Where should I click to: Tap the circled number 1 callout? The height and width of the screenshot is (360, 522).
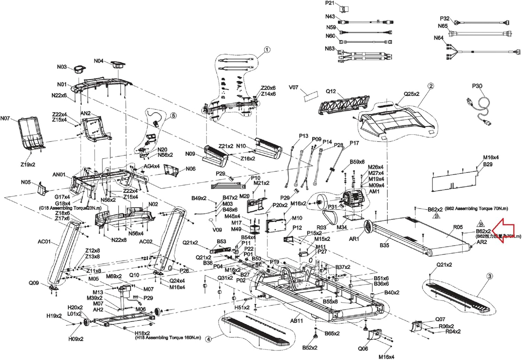pyautogui.click(x=267, y=50)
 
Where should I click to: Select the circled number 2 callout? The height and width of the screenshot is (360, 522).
pyautogui.click(x=431, y=86)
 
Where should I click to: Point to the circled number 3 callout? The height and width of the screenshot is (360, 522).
pyautogui.click(x=490, y=276)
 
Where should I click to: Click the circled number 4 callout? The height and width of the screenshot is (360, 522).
pyautogui.click(x=208, y=339)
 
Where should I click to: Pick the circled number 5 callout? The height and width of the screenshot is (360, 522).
pyautogui.click(x=173, y=115)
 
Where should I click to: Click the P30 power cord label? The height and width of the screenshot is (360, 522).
pyautogui.click(x=477, y=86)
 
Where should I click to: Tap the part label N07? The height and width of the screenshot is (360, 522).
pyautogui.click(x=5, y=118)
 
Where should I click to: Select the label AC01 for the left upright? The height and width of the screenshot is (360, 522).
pyautogui.click(x=44, y=242)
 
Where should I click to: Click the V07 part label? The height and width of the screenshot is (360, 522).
pyautogui.click(x=294, y=87)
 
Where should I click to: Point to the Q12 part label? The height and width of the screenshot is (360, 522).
pyautogui.click(x=331, y=91)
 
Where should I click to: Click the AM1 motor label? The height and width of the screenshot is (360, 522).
pyautogui.click(x=374, y=191)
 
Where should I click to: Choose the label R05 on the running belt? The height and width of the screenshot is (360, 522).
pyautogui.click(x=458, y=227)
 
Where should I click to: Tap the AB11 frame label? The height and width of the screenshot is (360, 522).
pyautogui.click(x=296, y=320)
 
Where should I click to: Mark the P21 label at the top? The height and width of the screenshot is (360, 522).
pyautogui.click(x=330, y=3)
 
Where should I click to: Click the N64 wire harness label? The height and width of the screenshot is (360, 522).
pyautogui.click(x=438, y=38)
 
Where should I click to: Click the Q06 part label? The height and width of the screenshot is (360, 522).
pyautogui.click(x=363, y=349)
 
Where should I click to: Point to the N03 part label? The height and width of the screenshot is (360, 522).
pyautogui.click(x=62, y=66)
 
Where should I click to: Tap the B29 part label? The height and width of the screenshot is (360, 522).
pyautogui.click(x=488, y=164)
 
